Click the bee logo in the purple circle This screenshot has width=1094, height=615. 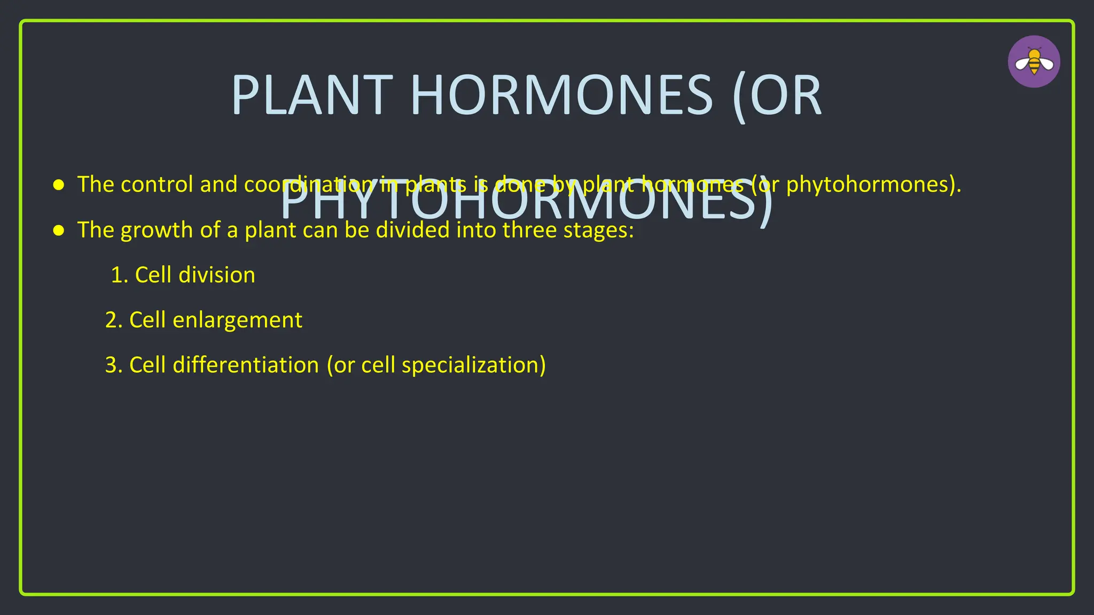(x=1034, y=62)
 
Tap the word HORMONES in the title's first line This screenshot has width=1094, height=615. (x=561, y=96)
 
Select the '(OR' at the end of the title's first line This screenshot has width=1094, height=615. (x=777, y=96)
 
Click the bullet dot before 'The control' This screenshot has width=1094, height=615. (x=59, y=185)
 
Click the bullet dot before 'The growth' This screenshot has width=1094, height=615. (x=59, y=231)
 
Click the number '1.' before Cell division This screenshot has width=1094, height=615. (x=119, y=275)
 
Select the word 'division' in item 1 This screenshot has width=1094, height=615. (x=216, y=275)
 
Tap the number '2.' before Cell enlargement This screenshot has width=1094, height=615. (x=114, y=320)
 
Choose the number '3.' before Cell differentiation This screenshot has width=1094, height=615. (x=114, y=365)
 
